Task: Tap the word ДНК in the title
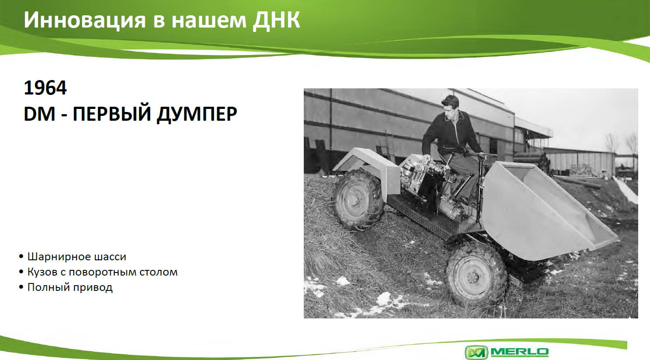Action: click(x=276, y=20)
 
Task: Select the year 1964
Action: click(x=45, y=87)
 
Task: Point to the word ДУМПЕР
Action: click(x=197, y=114)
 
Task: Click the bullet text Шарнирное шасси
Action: click(x=77, y=256)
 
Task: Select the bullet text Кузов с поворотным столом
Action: click(x=102, y=272)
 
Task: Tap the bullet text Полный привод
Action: click(x=70, y=287)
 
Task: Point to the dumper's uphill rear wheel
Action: click(x=358, y=199)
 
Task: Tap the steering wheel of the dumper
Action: click(x=483, y=156)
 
